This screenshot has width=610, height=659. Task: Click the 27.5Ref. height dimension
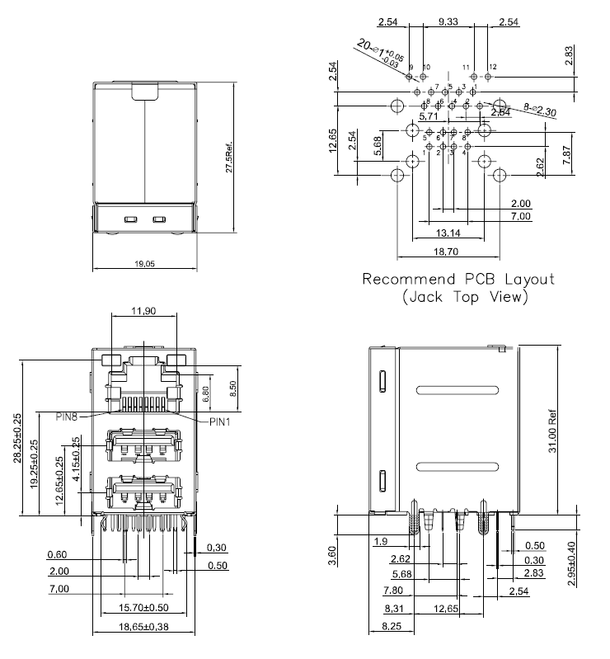[231, 157]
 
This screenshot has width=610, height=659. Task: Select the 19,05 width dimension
[143, 263]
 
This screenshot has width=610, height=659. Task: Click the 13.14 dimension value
[448, 233]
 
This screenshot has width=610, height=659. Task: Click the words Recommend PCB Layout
[459, 280]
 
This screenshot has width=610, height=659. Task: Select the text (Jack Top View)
[465, 296]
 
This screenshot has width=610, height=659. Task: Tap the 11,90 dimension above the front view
[143, 311]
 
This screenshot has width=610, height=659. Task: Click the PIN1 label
[220, 421]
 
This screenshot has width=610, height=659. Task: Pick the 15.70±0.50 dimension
[143, 609]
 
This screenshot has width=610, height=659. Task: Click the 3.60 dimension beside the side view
[332, 553]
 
